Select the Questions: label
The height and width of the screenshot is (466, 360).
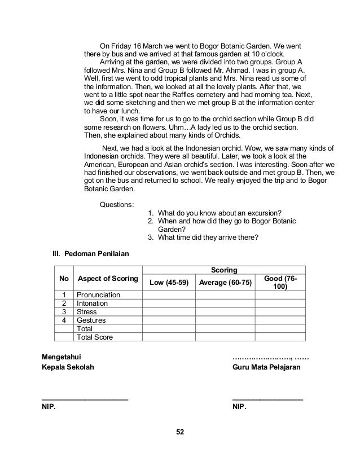pyautogui.click(x=117, y=204)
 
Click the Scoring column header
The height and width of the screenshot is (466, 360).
pyautogui.click(x=223, y=270)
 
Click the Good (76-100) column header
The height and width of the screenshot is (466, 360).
pyautogui.click(x=280, y=283)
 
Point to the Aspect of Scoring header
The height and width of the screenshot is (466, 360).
pyautogui.click(x=108, y=279)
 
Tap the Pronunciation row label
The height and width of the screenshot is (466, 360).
pyautogui.click(x=98, y=295)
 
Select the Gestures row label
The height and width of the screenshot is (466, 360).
pyautogui.click(x=91, y=320)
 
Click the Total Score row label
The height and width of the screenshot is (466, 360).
pyautogui.click(x=95, y=337)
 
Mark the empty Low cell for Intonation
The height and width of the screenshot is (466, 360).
pyautogui.click(x=169, y=304)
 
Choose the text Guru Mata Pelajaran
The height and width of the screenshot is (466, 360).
pyautogui.click(x=266, y=367)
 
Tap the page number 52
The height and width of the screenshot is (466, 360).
pyautogui.click(x=180, y=432)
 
